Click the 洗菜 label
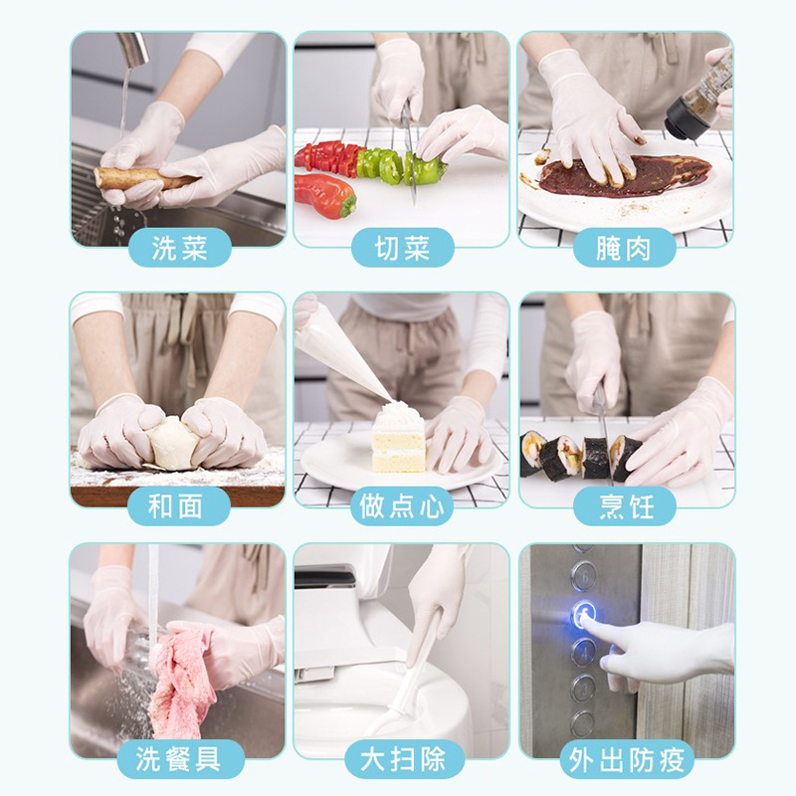[180, 248]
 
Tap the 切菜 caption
[403, 248]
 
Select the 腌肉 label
[624, 248]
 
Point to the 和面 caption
[176, 506]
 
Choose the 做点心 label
[402, 506]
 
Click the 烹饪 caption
[627, 506]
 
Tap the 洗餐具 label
[178, 759]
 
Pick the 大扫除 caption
[403, 759]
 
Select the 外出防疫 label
[627, 760]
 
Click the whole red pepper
[325, 196]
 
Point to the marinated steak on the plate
[625, 175]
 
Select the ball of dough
[172, 443]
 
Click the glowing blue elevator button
[585, 615]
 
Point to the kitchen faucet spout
[133, 48]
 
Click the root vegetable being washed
[144, 179]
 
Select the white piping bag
[342, 349]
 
